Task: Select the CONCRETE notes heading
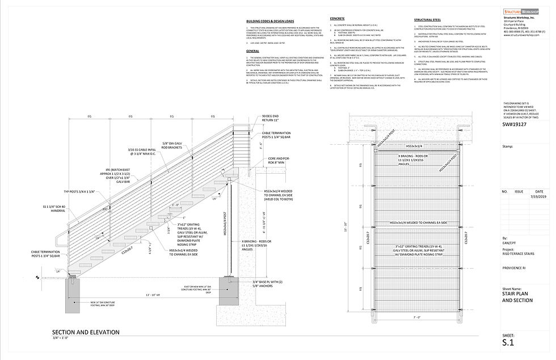pos(337,19)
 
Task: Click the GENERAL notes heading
pos(252,51)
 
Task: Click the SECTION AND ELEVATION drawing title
pos(85,332)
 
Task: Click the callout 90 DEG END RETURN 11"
pos(271,118)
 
